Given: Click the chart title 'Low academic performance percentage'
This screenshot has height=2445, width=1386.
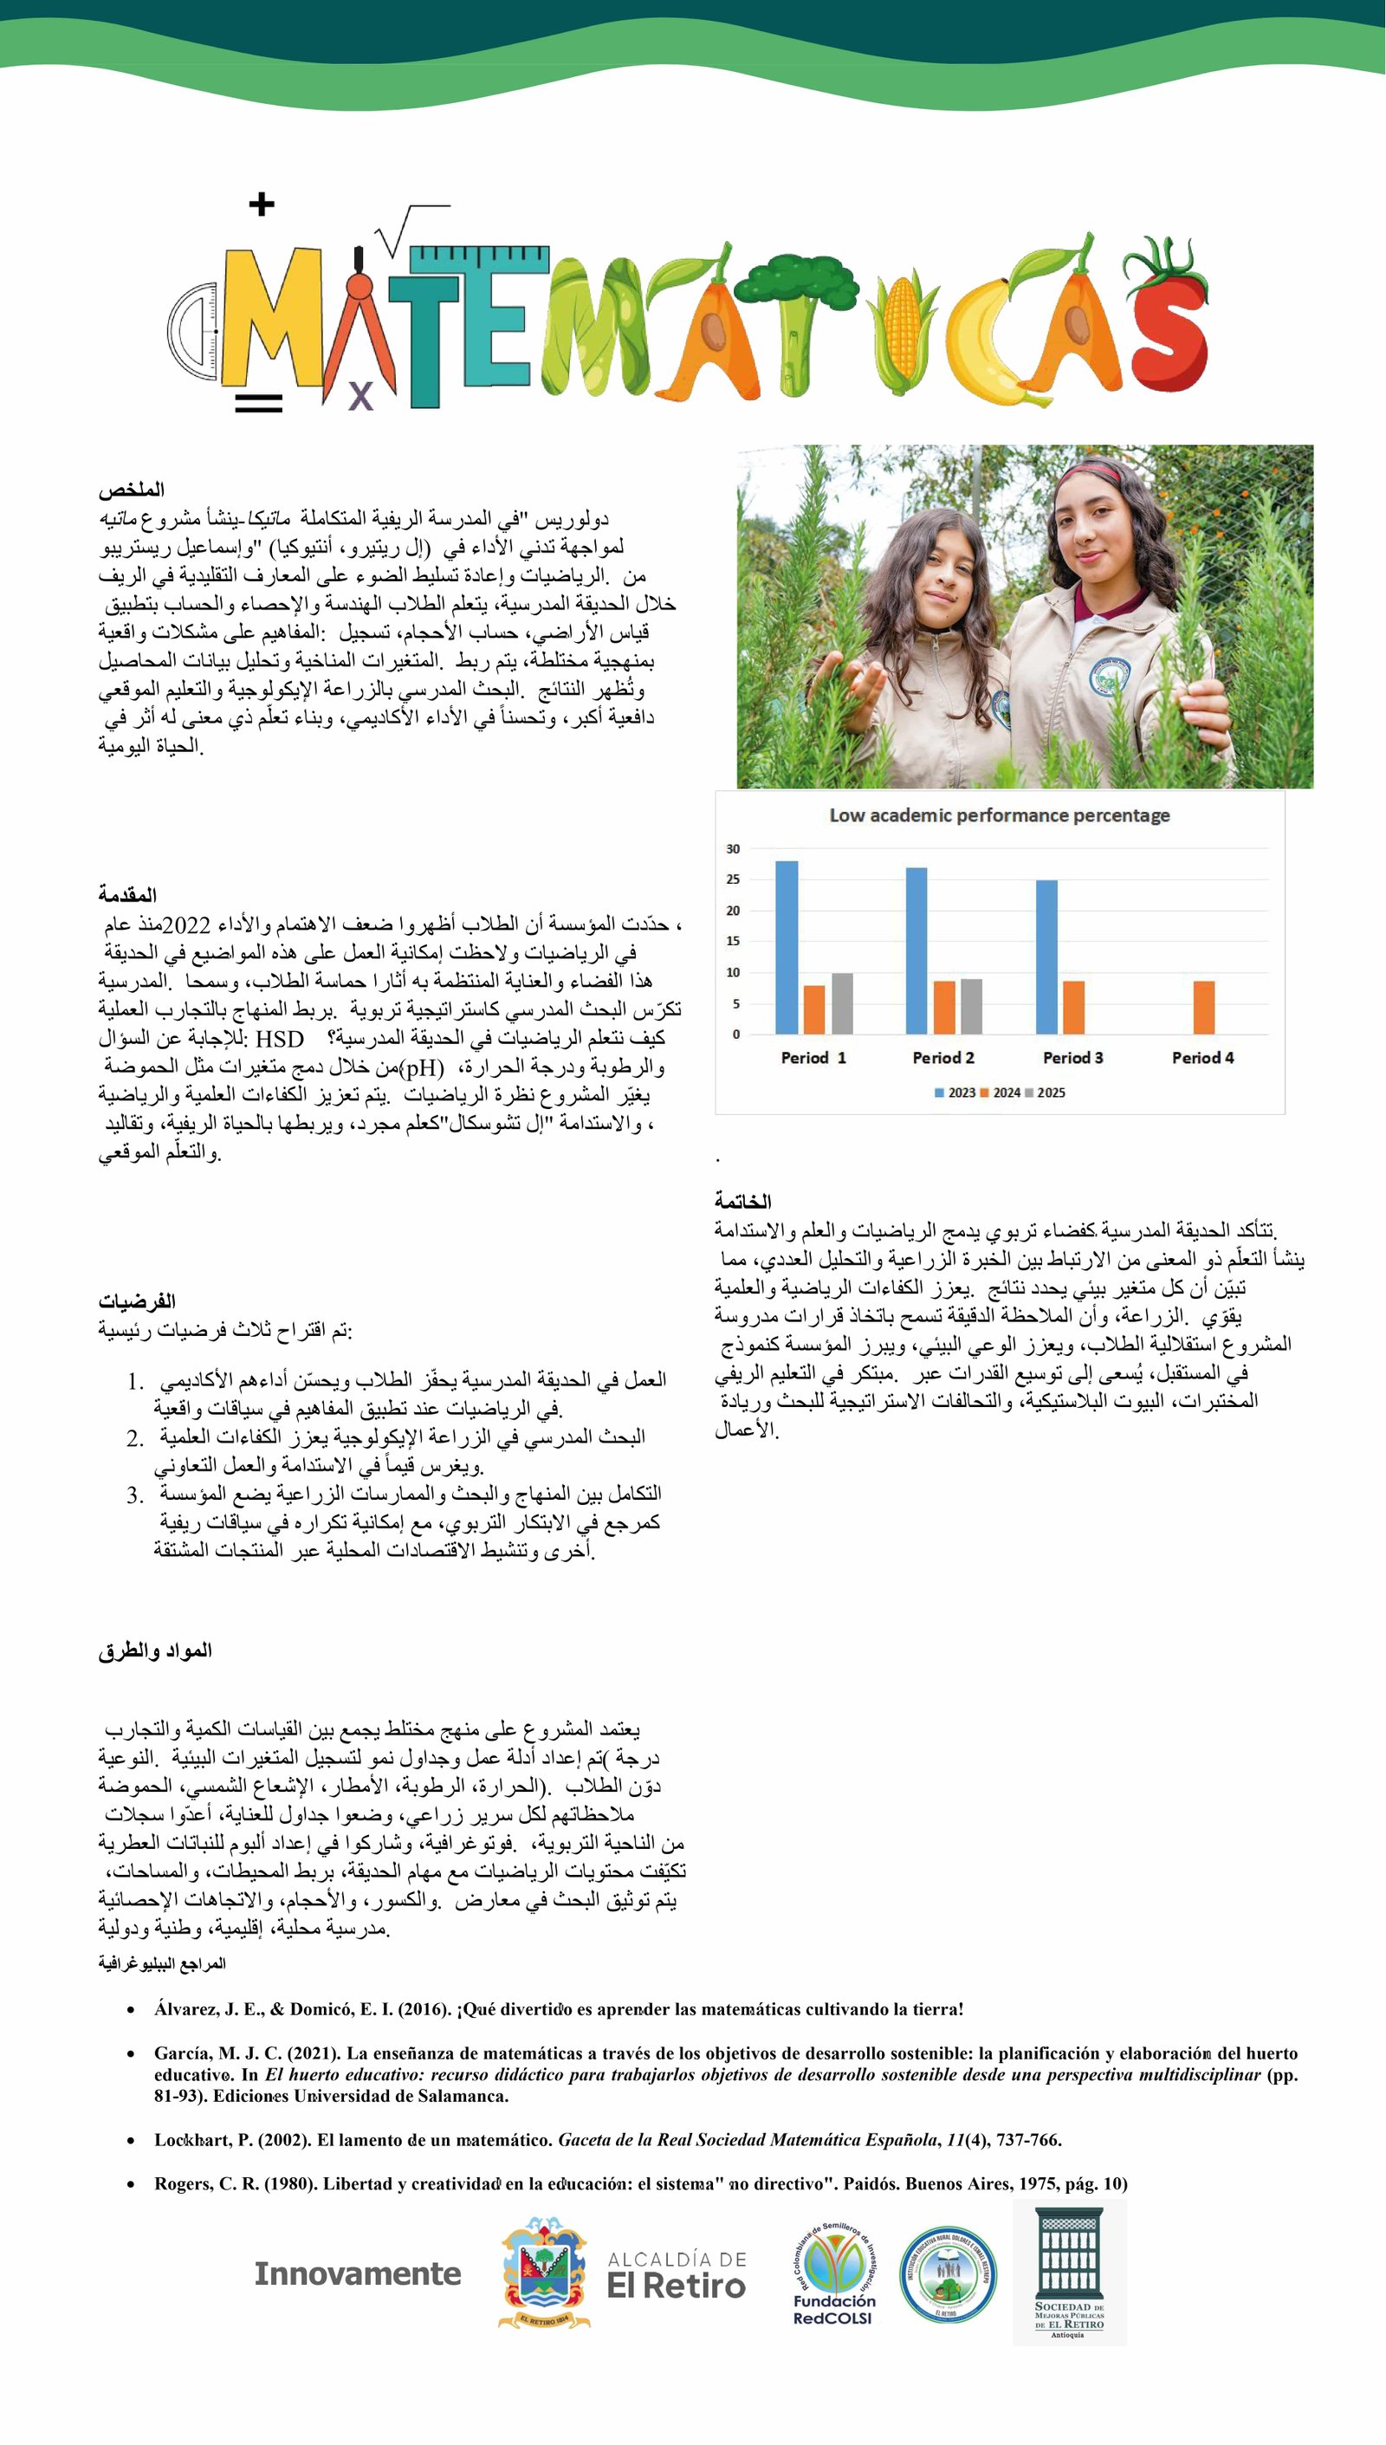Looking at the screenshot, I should pyautogui.click(x=999, y=815).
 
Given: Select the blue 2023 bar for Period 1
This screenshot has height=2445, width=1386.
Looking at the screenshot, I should pyautogui.click(x=787, y=947).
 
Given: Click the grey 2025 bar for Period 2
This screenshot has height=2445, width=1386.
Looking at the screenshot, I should pyautogui.click(x=970, y=1007).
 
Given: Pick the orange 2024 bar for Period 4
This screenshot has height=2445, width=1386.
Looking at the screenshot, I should pyautogui.click(x=1203, y=1008).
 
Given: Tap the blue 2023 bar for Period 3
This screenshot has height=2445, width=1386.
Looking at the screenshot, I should pyautogui.click(x=1046, y=957).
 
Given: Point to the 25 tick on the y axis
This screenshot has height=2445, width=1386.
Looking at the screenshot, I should pyautogui.click(x=733, y=879).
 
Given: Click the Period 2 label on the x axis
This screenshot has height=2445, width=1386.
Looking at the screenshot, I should pyautogui.click(x=942, y=1058).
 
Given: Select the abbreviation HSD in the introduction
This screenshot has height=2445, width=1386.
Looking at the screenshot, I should pyautogui.click(x=279, y=1039).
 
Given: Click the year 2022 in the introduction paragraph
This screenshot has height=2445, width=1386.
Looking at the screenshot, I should pyautogui.click(x=185, y=925).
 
